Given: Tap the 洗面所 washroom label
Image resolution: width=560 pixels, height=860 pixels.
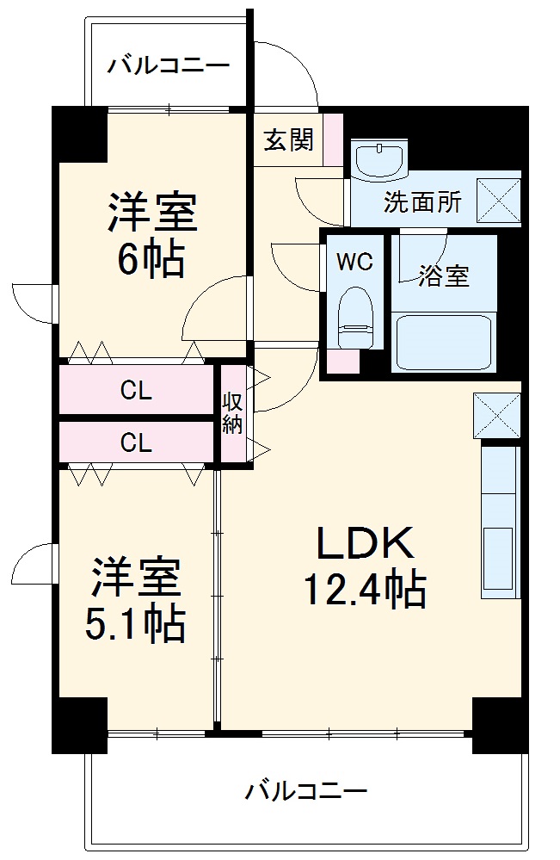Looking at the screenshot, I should (x=422, y=202).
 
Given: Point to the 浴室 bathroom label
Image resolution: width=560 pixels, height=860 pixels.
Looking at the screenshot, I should (x=444, y=276).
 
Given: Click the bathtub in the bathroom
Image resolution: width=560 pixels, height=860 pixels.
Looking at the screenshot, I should (x=443, y=342).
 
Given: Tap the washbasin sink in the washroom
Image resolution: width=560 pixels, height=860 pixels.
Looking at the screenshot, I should (x=379, y=159).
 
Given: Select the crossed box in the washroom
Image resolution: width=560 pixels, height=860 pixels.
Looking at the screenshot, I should (x=499, y=201).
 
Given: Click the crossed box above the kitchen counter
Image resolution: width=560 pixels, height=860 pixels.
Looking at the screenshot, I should (x=496, y=416).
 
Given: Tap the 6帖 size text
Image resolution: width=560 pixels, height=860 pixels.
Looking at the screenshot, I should (x=151, y=259).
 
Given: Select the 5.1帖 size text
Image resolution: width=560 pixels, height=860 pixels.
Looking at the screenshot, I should (x=134, y=625).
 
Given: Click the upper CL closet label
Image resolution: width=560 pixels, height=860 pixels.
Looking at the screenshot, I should (x=136, y=392).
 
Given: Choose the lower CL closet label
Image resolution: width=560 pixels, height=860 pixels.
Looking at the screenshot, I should (x=136, y=443).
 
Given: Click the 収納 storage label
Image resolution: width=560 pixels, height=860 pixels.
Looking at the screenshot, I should (x=232, y=413).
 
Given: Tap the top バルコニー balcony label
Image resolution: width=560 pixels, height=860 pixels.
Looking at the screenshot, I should (x=168, y=65).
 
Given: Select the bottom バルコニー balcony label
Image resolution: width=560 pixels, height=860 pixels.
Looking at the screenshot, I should (x=305, y=789).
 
